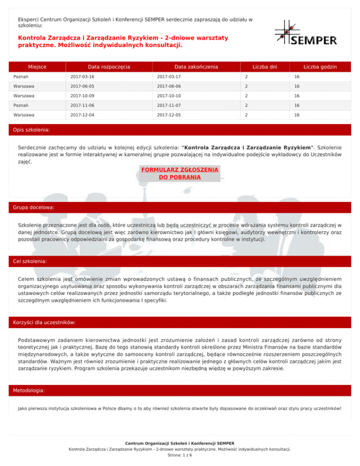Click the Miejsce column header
click(x=36, y=67)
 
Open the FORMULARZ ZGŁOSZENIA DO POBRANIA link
click(x=180, y=173)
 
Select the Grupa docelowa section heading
click(x=34, y=207)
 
